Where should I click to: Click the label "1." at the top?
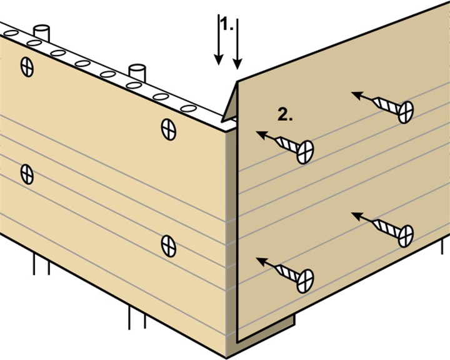click(228, 26)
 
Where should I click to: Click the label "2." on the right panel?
click(285, 115)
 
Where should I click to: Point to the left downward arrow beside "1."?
click(219, 39)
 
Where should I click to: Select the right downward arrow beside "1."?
click(237, 44)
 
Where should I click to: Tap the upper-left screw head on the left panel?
click(27, 67)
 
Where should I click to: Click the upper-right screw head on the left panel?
click(169, 129)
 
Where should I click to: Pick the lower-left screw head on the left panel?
click(27, 174)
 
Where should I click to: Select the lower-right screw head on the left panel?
click(169, 246)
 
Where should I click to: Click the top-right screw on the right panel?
click(382, 107)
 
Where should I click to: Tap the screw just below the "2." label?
click(285, 147)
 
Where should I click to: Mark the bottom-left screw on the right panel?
click(285, 275)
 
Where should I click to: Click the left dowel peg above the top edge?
click(42, 33)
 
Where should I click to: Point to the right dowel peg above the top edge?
click(137, 73)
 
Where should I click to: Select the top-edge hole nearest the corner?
click(189, 109)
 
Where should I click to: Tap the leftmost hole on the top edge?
click(11, 33)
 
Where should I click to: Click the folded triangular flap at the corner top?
click(230, 102)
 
